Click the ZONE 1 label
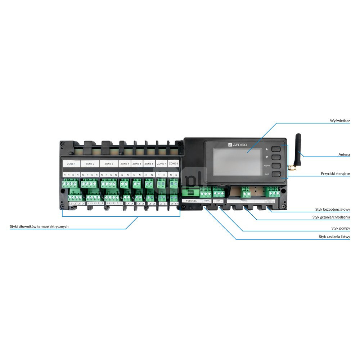(71, 164)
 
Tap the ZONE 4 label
(125, 164)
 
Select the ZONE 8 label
(173, 163)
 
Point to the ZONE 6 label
(149, 164)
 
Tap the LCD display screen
(238, 162)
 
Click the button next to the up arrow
(276, 148)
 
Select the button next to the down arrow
(276, 157)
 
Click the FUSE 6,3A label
(192, 201)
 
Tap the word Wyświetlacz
(340, 121)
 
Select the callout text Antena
(344, 154)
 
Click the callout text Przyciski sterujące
(336, 174)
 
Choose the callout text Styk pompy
(341, 228)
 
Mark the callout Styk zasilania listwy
(334, 237)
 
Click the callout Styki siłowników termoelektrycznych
(39, 226)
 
